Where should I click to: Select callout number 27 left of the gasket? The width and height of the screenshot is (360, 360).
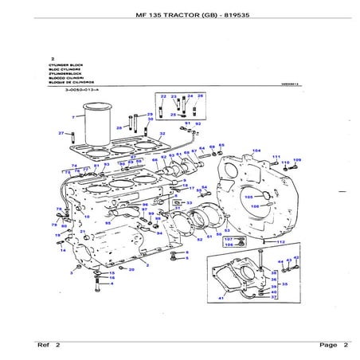[x=61, y=133]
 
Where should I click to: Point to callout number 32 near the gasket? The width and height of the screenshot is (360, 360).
[x=162, y=134]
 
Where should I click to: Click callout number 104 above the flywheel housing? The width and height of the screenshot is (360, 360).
[x=256, y=150]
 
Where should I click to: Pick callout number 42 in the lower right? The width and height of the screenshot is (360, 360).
[x=297, y=257]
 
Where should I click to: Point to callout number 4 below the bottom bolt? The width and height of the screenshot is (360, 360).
[x=112, y=283]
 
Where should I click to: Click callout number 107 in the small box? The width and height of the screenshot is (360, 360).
[x=228, y=238]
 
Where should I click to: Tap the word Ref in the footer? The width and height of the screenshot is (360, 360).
[x=45, y=345]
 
